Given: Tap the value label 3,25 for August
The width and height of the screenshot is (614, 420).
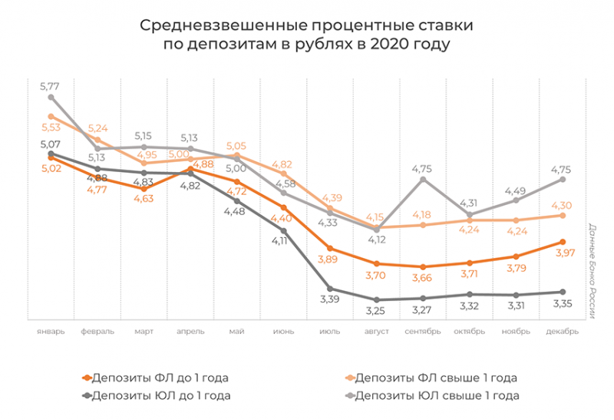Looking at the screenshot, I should click(375, 312).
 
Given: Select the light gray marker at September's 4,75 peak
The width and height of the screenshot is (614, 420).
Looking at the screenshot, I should click(423, 180).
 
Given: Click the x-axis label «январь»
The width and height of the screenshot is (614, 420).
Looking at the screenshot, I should click(50, 332).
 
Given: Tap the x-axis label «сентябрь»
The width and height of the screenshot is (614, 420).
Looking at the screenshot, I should click(423, 332).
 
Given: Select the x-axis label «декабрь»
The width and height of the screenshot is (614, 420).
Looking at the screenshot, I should click(563, 332).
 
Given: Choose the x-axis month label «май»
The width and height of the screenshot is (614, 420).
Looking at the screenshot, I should click(236, 332).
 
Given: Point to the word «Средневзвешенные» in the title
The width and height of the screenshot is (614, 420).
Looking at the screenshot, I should click(206, 25).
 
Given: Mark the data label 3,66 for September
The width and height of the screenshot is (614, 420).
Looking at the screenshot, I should click(423, 279).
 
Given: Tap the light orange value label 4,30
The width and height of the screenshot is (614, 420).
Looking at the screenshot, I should click(563, 204).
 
